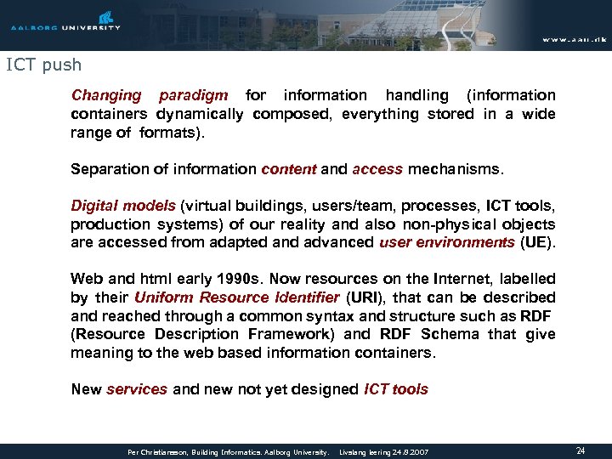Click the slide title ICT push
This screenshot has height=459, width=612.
click(x=43, y=64)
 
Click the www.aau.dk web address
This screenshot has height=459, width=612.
click(x=574, y=39)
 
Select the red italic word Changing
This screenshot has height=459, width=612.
click(x=106, y=95)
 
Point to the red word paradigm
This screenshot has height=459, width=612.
click(x=193, y=95)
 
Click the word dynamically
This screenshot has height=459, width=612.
click(x=202, y=114)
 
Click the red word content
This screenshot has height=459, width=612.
click(x=288, y=169)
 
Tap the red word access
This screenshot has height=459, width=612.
click(x=377, y=169)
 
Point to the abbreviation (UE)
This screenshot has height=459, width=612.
click(x=538, y=243)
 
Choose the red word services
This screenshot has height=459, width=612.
click(x=137, y=390)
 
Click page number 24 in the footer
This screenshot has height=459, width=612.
click(x=580, y=451)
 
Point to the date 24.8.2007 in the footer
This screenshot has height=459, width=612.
click(x=411, y=452)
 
